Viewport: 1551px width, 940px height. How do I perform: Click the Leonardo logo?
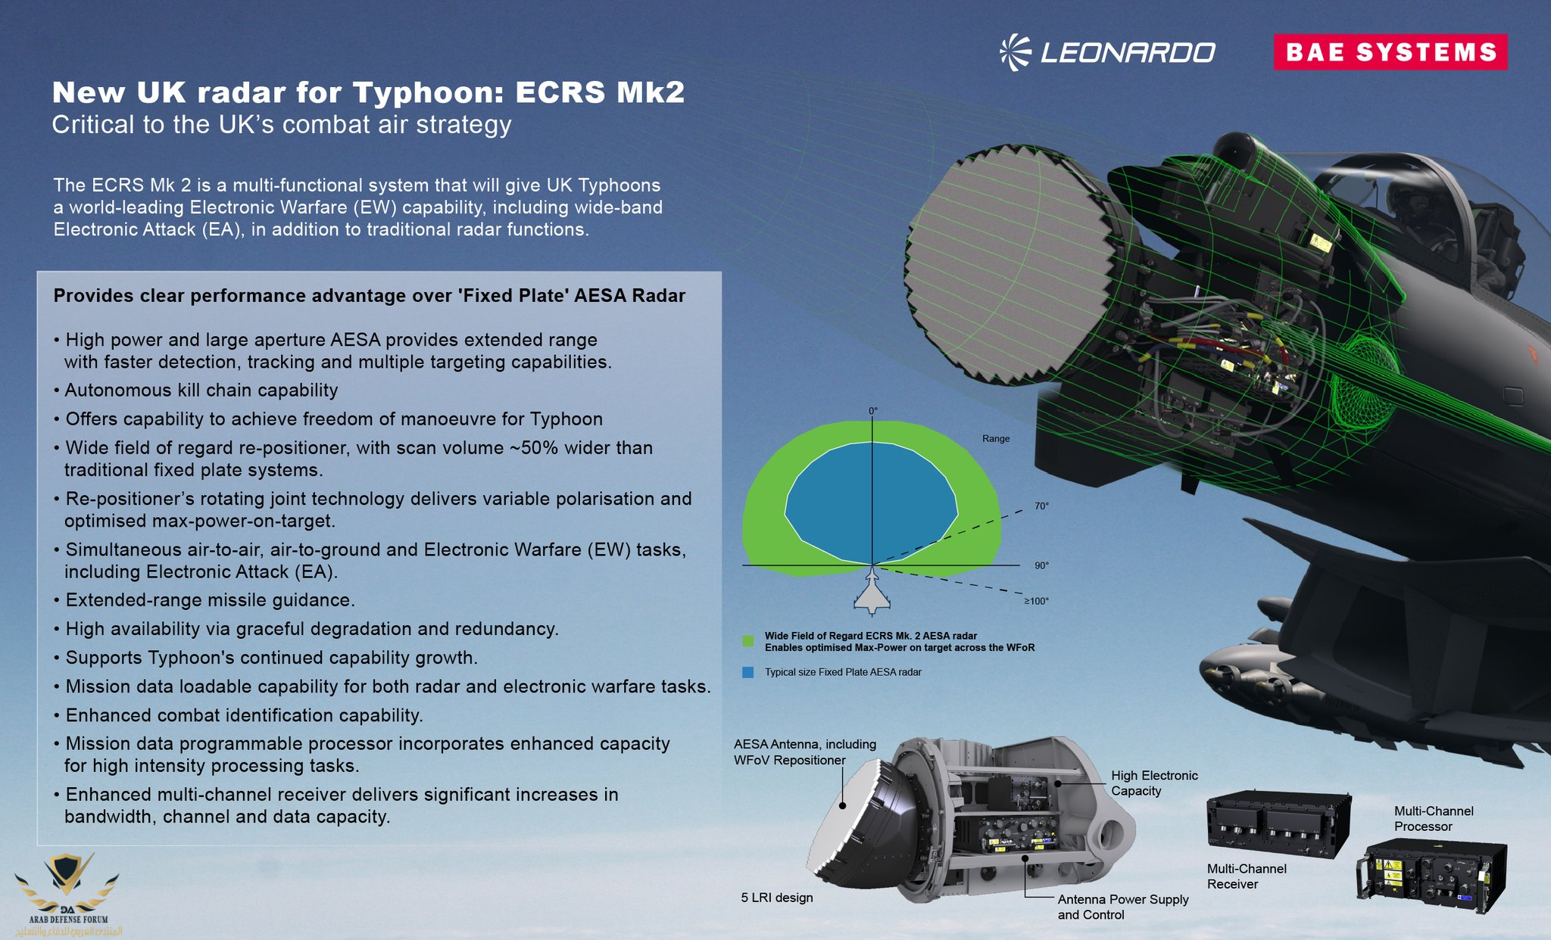(1106, 52)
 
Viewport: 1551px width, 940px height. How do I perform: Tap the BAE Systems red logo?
(1390, 52)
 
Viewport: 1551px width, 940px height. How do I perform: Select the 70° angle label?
(1041, 506)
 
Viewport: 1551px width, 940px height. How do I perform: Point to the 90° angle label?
(1041, 565)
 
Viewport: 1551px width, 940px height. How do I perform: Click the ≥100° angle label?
(1037, 601)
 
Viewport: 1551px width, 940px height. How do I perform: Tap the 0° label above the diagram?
(873, 411)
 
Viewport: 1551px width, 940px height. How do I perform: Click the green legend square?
(748, 641)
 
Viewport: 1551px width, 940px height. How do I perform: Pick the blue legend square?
(748, 672)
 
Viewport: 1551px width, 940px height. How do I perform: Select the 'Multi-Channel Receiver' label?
(1247, 876)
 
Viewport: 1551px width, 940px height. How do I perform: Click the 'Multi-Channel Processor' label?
(1434, 819)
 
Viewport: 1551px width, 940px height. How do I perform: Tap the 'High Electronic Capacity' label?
(1154, 783)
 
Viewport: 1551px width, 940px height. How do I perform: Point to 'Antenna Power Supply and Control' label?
(1123, 907)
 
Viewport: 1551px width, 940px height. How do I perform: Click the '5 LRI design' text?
(777, 898)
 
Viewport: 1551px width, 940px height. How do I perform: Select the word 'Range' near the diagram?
(996, 438)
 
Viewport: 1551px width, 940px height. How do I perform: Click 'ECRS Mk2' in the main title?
(600, 92)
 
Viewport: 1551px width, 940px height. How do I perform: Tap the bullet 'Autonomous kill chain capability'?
(196, 391)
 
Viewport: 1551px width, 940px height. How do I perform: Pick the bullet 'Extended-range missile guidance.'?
(204, 600)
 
